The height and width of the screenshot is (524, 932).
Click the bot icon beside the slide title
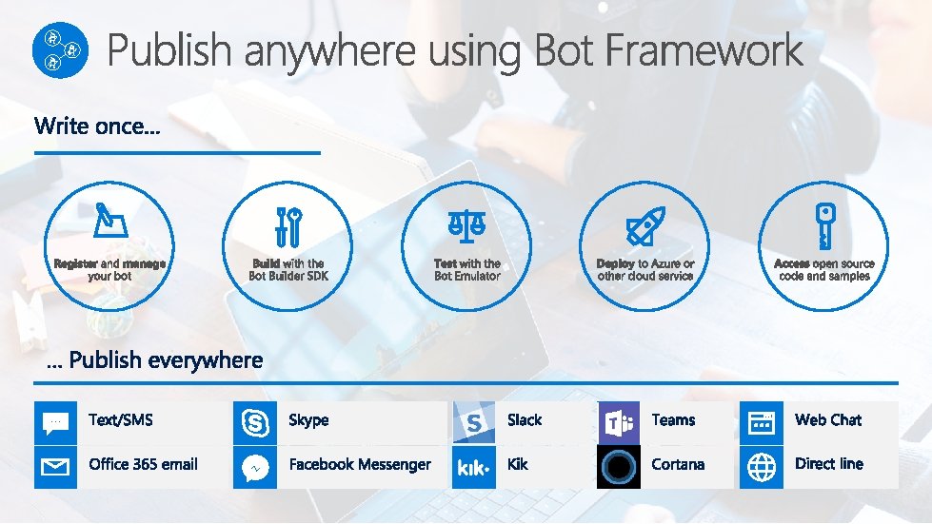coord(59,50)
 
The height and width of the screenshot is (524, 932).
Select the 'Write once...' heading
coord(97,126)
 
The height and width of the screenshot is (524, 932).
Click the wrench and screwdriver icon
coord(288,226)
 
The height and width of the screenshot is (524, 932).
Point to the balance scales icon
coord(466,225)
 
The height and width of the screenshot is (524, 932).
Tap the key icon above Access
coord(823,225)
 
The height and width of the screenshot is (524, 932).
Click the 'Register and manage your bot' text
coord(109,270)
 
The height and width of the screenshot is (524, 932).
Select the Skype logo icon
coord(255,422)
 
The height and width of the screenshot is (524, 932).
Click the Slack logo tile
coord(473,422)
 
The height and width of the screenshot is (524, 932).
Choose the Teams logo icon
coord(619,422)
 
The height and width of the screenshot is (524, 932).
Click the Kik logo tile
coord(473,467)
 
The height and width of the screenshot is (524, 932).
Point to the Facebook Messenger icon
coord(255,467)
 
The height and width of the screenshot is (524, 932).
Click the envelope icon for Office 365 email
coord(55,467)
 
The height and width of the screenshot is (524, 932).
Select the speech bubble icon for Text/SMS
coord(55,422)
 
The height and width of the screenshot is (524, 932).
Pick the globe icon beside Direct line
coord(762,467)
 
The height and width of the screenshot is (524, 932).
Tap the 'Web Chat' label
coord(828,420)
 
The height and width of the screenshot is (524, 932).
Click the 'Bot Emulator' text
coord(466,277)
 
